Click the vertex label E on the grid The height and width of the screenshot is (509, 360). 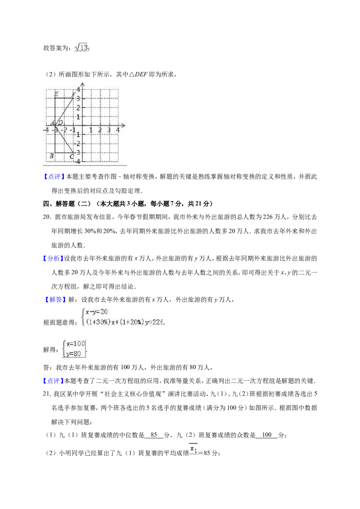pyautogui.click(x=56, y=94)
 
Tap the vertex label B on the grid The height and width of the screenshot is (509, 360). pyautogui.click(x=51, y=156)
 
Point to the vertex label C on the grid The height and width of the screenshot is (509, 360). pyautogui.click(x=72, y=157)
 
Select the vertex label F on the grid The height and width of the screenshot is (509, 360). pyautogui.click(x=74, y=94)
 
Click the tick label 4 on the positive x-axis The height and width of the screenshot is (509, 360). pyautogui.click(x=117, y=130)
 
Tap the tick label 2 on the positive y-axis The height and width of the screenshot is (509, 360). pyautogui.click(x=78, y=108)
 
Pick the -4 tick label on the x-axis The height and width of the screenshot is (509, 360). pyautogui.click(x=46, y=130)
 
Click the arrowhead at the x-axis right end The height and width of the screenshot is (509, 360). pyautogui.click(x=123, y=125)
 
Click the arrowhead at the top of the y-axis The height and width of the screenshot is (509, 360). pyautogui.click(x=82, y=85)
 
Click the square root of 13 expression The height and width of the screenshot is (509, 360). pyautogui.click(x=81, y=47)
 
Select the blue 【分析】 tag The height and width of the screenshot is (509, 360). pyautogui.click(x=53, y=259)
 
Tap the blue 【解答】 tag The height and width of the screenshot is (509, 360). pyautogui.click(x=54, y=299)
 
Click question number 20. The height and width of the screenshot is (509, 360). pyautogui.click(x=47, y=217)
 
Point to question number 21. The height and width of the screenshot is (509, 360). pyautogui.click(x=47, y=394)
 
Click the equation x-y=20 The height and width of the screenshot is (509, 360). pyautogui.click(x=96, y=312)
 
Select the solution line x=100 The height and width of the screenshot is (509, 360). pyautogui.click(x=76, y=344)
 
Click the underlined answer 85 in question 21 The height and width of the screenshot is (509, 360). pyautogui.click(x=154, y=435)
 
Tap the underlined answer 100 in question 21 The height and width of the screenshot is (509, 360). pyautogui.click(x=267, y=435)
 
